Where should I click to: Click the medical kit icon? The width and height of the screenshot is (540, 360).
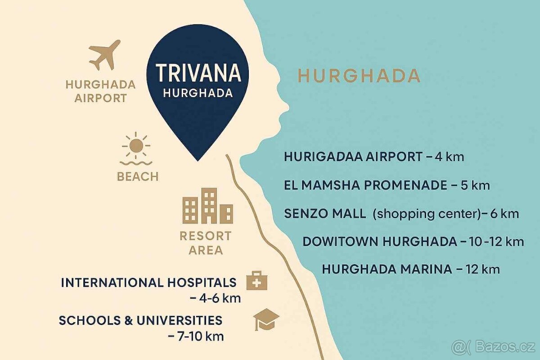(x=257, y=281)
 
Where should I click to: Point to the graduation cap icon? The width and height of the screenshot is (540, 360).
(x=266, y=319)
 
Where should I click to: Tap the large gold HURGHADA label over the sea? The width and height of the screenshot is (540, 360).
(x=359, y=76)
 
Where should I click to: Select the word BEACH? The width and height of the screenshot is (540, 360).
(x=138, y=176)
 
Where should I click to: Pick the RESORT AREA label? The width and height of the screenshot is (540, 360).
(x=206, y=243)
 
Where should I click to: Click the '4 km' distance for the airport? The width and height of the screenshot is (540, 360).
(x=449, y=157)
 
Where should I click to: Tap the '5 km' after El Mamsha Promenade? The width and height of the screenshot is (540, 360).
(x=475, y=185)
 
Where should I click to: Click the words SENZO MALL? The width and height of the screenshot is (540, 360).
(x=325, y=213)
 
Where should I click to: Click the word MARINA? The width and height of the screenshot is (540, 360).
(x=427, y=269)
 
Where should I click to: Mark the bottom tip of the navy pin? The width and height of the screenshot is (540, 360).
(x=197, y=160)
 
